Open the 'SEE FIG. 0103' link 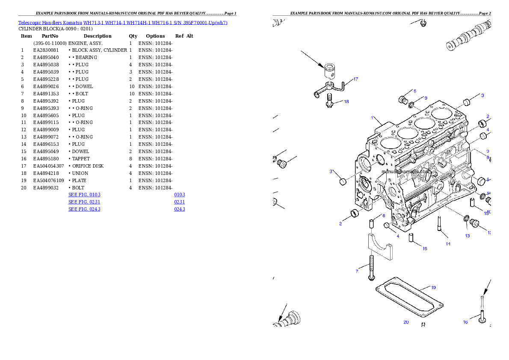click(84, 195)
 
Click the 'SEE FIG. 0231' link click(84, 202)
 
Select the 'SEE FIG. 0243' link click(84, 209)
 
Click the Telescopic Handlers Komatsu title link click(123, 22)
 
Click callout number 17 click(355, 80)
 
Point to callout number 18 click(346, 102)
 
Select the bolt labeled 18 click(329, 101)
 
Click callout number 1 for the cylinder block click(372, 118)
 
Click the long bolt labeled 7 click(371, 268)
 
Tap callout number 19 click(433, 288)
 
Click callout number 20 click(406, 322)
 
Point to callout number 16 click(465, 322)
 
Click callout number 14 click(448, 244)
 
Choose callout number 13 click(467, 236)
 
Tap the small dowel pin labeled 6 click(372, 224)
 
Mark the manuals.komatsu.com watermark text click(406, 171)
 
